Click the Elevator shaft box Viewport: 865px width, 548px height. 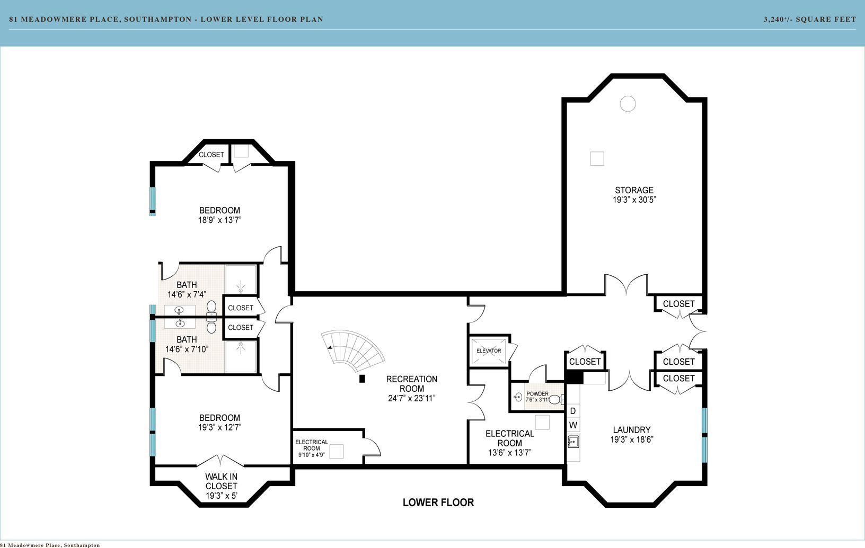point(489,351)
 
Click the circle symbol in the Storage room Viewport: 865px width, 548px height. point(628,104)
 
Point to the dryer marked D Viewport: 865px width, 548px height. point(572,411)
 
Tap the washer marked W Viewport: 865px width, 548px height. point(573,425)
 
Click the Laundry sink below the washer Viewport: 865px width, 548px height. point(573,442)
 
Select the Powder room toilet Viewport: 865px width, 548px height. point(555,400)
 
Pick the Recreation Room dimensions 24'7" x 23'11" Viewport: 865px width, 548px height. point(412,398)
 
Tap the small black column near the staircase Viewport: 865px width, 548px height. point(362,379)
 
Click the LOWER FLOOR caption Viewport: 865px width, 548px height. point(438,502)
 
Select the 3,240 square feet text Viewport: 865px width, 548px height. point(809,19)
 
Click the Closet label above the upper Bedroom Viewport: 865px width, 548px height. point(211,155)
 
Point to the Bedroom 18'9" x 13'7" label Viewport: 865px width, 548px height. point(220,215)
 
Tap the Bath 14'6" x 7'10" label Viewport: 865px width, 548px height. point(187,344)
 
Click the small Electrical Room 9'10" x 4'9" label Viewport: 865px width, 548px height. point(312,448)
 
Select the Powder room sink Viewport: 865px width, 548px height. point(518,397)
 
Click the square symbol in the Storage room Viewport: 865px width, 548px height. point(597,158)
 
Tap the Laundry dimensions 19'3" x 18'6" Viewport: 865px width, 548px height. point(632,439)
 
